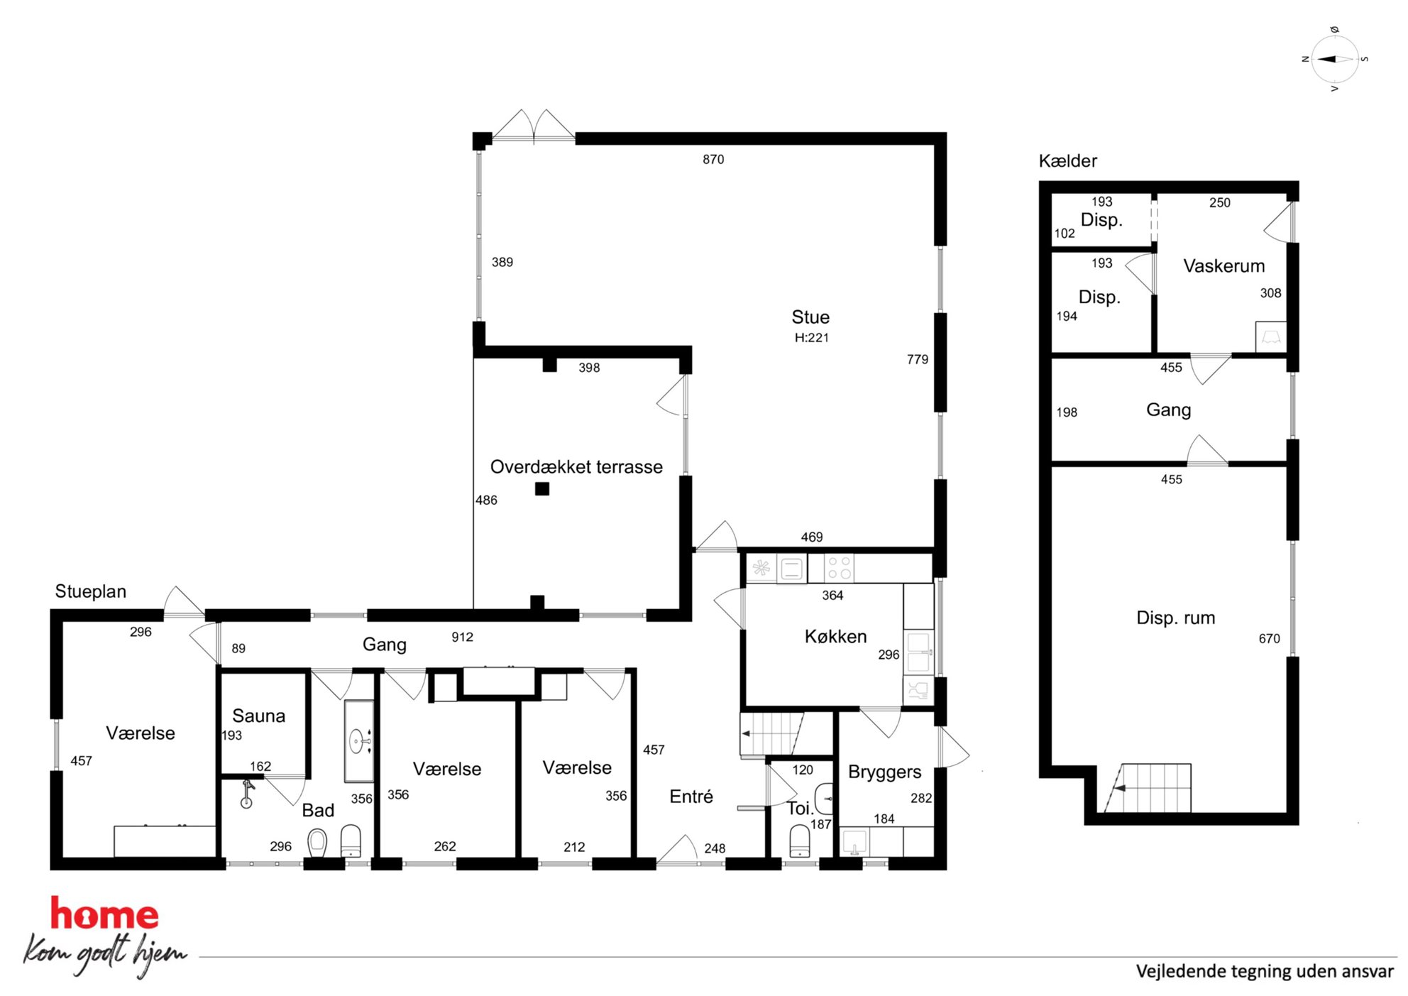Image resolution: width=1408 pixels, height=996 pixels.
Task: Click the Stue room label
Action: coord(810,317)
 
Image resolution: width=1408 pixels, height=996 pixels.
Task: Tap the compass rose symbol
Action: coord(1335,59)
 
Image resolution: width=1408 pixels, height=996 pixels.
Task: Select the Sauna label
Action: coord(258,716)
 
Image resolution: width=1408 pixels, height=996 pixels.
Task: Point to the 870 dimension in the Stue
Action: coord(713,160)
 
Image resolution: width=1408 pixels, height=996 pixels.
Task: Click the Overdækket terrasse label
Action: coord(576,466)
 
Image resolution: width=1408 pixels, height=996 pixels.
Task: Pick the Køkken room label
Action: coord(835,636)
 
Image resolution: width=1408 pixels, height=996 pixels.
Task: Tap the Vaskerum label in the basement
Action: coord(1223,266)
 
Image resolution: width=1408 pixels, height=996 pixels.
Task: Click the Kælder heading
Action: coord(1067,161)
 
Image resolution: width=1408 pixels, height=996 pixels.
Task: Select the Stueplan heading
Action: coord(91,591)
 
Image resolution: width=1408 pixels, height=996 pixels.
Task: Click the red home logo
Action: coord(104,914)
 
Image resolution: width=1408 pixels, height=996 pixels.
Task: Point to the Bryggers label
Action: coord(884,772)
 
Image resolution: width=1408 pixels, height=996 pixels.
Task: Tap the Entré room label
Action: coord(691,797)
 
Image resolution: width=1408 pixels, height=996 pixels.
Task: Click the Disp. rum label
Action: coord(1175,618)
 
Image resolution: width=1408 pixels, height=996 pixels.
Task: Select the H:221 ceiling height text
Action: coord(811,338)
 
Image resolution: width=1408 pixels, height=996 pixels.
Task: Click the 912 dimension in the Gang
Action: coord(462,637)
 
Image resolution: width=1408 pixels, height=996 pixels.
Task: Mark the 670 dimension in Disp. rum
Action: coord(1269,639)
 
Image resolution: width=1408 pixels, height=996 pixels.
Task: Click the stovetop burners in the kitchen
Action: coord(840,569)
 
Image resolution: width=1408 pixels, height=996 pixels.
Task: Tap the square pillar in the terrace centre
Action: coord(542,488)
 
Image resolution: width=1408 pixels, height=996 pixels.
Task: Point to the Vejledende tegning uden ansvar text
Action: coord(1265,971)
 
